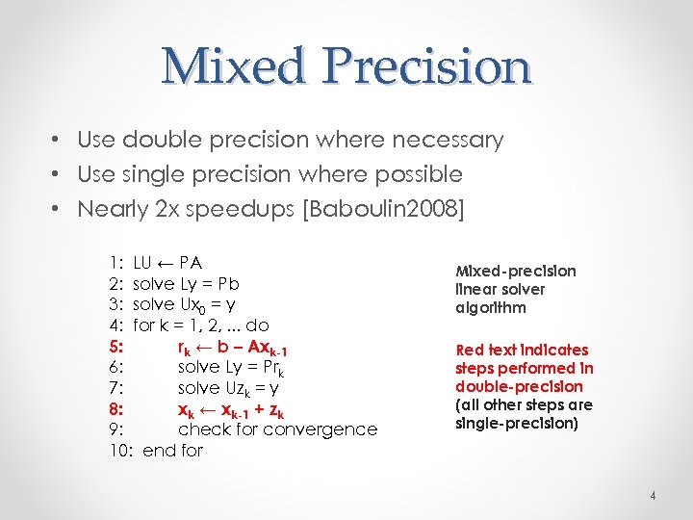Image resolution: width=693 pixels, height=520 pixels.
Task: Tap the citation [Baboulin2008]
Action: (x=384, y=209)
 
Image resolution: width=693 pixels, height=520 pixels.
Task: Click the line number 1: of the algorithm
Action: (x=115, y=262)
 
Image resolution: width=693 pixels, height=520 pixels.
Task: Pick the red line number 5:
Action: (x=115, y=346)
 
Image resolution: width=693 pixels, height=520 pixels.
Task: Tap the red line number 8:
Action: (x=115, y=408)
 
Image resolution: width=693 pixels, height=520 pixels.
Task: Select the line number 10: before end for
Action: (x=119, y=450)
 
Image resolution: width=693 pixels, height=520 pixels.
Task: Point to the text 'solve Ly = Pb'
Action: (x=186, y=283)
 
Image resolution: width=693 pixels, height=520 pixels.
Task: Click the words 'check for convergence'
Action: (x=277, y=429)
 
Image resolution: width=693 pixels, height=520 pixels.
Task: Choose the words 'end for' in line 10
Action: (x=172, y=450)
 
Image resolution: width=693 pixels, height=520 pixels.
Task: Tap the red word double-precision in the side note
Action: (x=519, y=386)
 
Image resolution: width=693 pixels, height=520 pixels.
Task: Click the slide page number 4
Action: (x=652, y=496)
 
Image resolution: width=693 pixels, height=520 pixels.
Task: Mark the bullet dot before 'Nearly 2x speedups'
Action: (x=58, y=209)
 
